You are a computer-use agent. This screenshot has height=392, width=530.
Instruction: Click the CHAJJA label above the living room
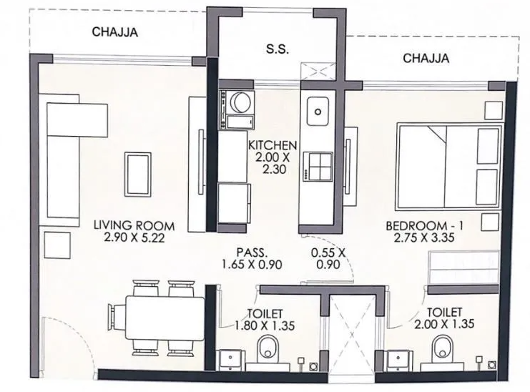click(x=115, y=32)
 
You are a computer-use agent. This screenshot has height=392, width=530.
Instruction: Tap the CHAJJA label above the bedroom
click(x=426, y=58)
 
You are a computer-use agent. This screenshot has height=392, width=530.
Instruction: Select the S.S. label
click(x=278, y=49)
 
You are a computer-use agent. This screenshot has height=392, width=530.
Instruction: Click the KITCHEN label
click(x=273, y=145)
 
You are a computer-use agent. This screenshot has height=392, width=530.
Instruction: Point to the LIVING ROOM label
click(x=134, y=225)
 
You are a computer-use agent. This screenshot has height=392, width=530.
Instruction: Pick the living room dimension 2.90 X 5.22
click(x=134, y=237)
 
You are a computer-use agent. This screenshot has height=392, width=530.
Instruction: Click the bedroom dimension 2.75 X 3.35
click(x=424, y=237)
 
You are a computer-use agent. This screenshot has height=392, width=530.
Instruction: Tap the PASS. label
click(x=252, y=253)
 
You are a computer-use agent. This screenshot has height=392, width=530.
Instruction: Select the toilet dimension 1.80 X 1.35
click(x=265, y=325)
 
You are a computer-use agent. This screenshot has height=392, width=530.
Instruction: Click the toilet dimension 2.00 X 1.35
click(x=444, y=324)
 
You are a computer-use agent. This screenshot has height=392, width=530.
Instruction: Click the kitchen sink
click(x=318, y=111)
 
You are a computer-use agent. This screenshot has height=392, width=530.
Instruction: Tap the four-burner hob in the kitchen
click(x=318, y=167)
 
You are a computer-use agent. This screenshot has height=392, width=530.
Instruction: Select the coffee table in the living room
click(x=138, y=175)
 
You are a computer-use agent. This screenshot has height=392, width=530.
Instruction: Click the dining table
click(x=165, y=318)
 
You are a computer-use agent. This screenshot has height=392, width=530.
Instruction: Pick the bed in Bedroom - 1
click(x=448, y=166)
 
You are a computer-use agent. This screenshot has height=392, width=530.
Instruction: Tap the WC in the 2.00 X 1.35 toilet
click(x=443, y=347)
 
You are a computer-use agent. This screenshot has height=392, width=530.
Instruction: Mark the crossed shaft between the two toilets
click(x=352, y=339)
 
